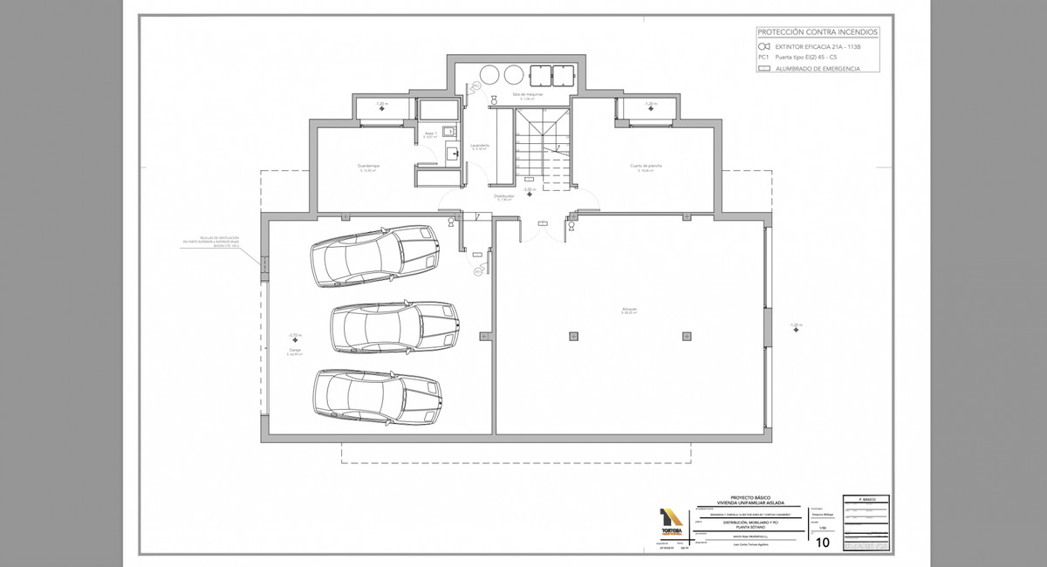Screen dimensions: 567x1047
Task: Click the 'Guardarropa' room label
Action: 368,166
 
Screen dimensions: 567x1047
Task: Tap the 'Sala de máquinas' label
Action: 527,93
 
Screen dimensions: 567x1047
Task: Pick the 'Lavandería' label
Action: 479,146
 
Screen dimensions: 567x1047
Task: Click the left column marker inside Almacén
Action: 572,336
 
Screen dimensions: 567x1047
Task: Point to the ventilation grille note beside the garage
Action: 218,243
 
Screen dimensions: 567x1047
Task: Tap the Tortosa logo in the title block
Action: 673,523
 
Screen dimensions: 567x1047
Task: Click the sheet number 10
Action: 822,542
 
